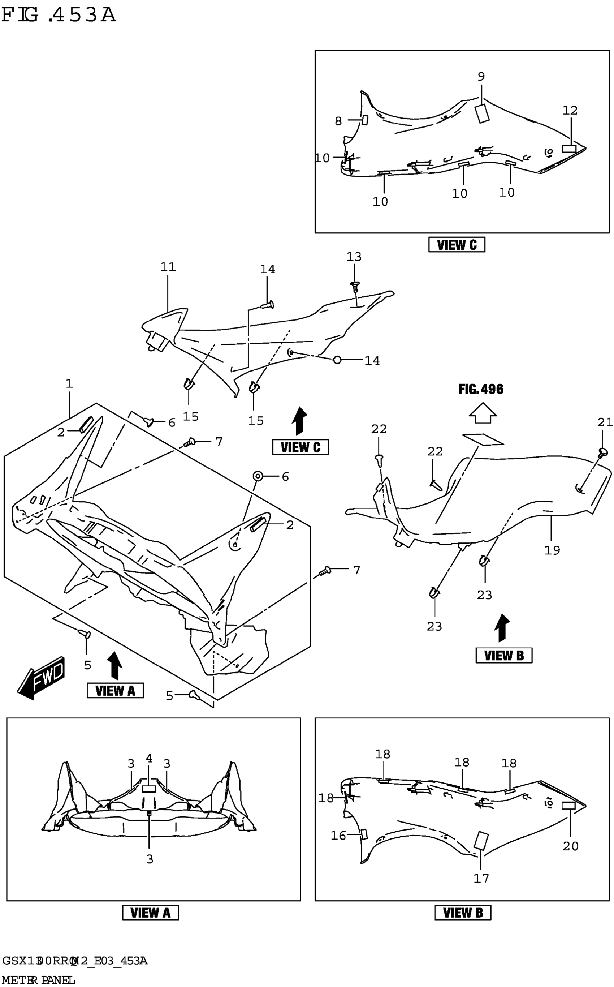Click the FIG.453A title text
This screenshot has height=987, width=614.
coord(59,15)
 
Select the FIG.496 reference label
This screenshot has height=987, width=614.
coord(480,389)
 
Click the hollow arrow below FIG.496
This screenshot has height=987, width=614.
coord(483,414)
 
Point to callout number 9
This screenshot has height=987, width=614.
coord(481,76)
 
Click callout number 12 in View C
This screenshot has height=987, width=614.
coord(570,110)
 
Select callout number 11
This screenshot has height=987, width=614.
coord(168,267)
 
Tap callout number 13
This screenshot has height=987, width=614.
coord(354,257)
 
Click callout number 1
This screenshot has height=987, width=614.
coord(69,383)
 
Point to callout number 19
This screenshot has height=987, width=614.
coord(552,550)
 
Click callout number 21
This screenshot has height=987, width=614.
coord(605,422)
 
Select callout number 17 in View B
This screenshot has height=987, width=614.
coord(481,878)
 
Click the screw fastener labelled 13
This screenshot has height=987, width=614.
coord(355,285)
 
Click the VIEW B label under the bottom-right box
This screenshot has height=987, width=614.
coord(463,913)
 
